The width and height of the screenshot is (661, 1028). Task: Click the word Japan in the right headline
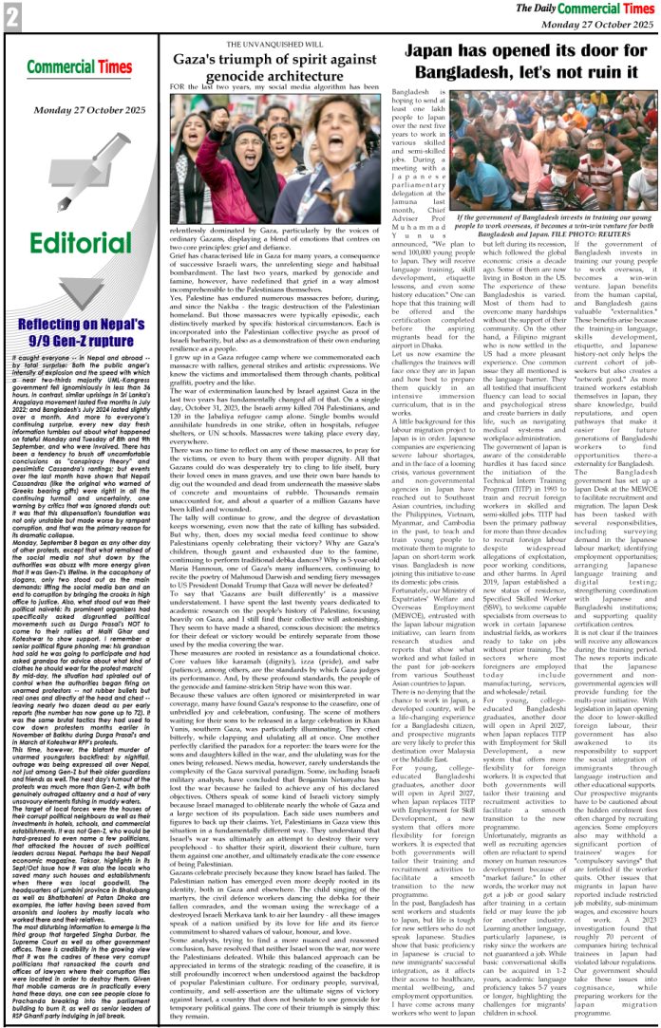[x=435, y=51]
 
